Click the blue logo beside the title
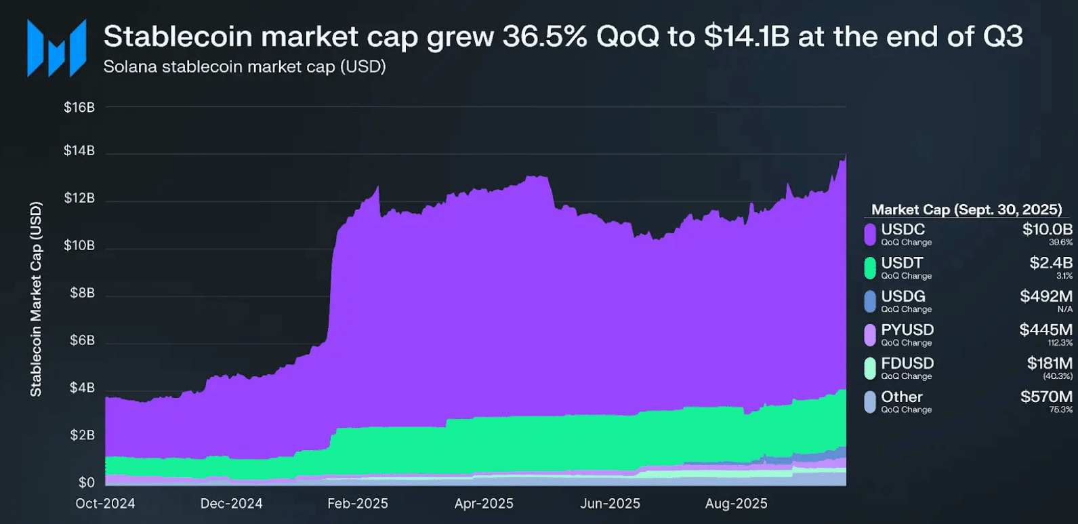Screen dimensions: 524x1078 (x=57, y=47)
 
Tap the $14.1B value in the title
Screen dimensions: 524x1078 (x=747, y=37)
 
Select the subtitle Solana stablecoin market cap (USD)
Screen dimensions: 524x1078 (x=244, y=66)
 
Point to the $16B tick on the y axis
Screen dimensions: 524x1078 (x=79, y=107)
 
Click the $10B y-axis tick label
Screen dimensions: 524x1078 (x=79, y=245)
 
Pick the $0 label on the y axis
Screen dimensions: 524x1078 (x=86, y=483)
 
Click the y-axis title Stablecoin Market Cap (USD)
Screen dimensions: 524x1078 (x=36, y=299)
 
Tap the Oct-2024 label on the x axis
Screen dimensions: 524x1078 (x=105, y=504)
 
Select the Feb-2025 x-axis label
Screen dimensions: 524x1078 (x=358, y=504)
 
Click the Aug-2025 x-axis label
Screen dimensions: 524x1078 (x=736, y=504)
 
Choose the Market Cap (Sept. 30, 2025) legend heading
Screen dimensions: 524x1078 (x=966, y=209)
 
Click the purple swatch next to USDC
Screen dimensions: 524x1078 (x=870, y=235)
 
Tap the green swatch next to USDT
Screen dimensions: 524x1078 (x=870, y=268)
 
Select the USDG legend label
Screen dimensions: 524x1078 (x=903, y=297)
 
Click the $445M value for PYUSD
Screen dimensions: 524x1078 (x=1045, y=330)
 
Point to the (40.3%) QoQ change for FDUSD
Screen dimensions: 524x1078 (x=1058, y=376)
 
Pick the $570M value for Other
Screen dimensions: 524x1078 (x=1046, y=397)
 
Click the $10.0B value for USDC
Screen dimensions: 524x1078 (x=1047, y=229)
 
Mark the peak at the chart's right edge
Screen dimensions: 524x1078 (x=845, y=155)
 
